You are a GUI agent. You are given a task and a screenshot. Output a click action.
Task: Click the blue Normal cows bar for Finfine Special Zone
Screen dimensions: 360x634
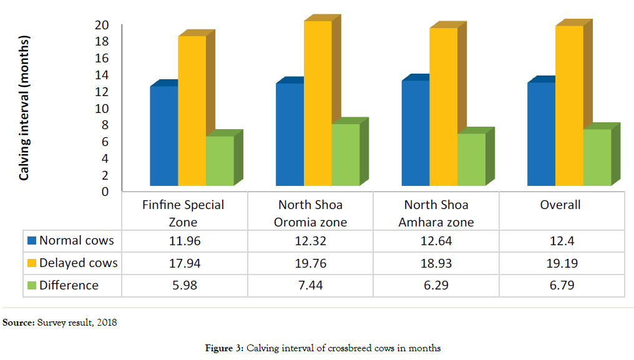pyautogui.click(x=164, y=135)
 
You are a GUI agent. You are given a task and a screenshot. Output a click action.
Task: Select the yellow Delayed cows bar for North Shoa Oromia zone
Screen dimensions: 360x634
pyautogui.click(x=318, y=103)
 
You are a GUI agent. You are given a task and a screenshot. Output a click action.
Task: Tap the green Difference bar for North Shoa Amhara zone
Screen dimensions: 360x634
pyautogui.click(x=471, y=159)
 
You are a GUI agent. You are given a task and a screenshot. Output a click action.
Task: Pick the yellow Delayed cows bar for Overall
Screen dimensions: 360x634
pyautogui.click(x=569, y=105)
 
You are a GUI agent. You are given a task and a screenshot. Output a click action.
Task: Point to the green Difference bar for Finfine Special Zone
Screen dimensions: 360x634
pyautogui.click(x=220, y=160)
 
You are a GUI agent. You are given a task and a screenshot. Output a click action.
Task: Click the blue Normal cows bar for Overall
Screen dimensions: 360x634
pyautogui.click(x=541, y=134)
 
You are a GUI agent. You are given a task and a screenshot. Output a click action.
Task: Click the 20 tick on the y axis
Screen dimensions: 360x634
pyautogui.click(x=102, y=25)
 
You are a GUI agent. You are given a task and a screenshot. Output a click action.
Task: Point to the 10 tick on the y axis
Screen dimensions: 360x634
pyautogui.click(x=102, y=108)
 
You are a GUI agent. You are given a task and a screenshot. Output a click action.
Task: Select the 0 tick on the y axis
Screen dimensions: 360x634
pyautogui.click(x=105, y=192)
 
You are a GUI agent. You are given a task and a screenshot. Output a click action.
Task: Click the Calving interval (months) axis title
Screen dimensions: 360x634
pyautogui.click(x=25, y=110)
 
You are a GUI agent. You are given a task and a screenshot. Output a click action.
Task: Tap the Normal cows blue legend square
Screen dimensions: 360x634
pyautogui.click(x=31, y=240)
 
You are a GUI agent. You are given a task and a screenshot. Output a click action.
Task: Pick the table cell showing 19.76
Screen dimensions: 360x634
pyautogui.click(x=310, y=263)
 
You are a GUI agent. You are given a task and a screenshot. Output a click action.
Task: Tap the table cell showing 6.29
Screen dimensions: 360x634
pyautogui.click(x=436, y=286)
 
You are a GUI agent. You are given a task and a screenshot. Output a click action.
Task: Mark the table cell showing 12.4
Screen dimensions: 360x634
pyautogui.click(x=560, y=241)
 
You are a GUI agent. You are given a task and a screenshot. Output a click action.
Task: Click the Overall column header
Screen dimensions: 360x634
pyautogui.click(x=560, y=205)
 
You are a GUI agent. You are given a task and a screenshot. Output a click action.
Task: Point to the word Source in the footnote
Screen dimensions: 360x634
pyautogui.click(x=18, y=323)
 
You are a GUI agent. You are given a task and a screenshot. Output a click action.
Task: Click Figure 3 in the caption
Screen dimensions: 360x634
pyautogui.click(x=223, y=348)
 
